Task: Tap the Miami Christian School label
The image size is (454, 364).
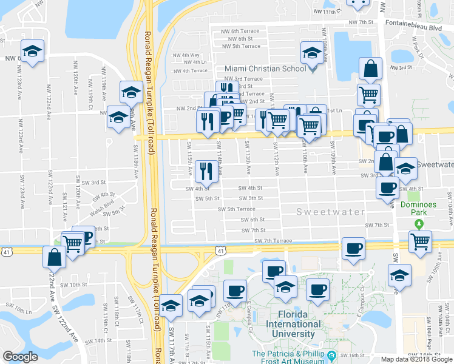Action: (x=265, y=69)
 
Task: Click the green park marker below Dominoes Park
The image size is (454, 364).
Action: (x=418, y=224)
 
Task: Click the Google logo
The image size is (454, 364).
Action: (x=20, y=357)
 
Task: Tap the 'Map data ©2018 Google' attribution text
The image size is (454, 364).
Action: (x=416, y=359)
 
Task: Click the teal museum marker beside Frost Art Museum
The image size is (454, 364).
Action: (x=331, y=355)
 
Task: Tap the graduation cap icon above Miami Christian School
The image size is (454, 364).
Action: (x=312, y=53)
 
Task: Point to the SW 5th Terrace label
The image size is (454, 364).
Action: (x=237, y=209)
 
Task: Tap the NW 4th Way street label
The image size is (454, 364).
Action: (x=186, y=55)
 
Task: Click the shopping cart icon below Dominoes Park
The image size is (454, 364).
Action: (x=419, y=241)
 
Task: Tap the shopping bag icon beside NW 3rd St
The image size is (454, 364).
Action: (x=370, y=69)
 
